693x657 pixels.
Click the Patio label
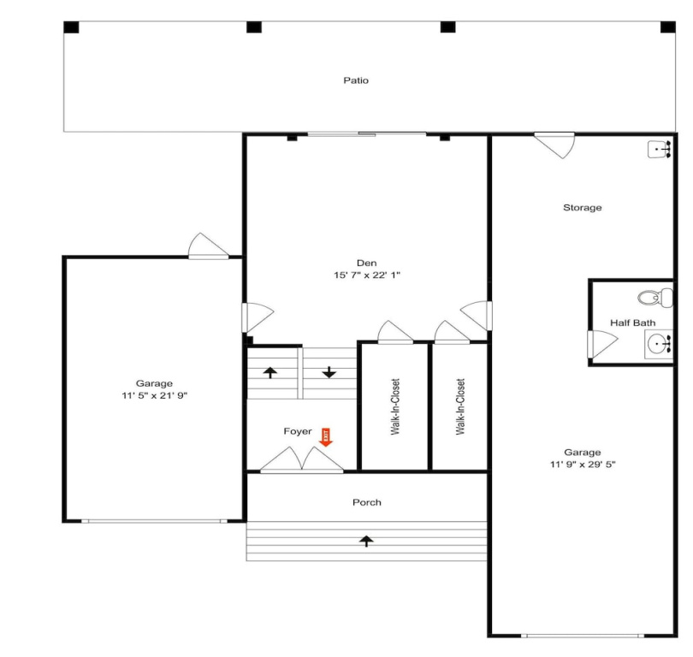coord(356,80)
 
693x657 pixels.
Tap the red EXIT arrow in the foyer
coord(326,437)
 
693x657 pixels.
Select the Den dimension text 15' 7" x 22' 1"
coord(367,275)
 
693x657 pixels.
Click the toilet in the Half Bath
coord(655,297)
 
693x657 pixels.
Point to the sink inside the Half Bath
coord(659,344)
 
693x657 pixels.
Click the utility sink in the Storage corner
coord(660,150)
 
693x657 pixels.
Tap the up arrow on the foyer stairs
coord(270,372)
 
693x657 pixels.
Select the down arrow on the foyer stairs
coord(329,372)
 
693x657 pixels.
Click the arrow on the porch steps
coord(366,541)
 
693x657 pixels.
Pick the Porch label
coord(367,502)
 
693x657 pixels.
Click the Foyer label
coord(298,431)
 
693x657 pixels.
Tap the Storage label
coord(582,208)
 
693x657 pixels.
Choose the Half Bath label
coord(632,323)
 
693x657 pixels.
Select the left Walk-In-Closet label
coord(395,406)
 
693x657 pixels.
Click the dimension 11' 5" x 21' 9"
coord(154,395)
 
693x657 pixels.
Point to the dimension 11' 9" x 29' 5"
coord(583,465)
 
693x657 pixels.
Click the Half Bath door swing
coord(602,344)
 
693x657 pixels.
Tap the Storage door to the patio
coord(554,144)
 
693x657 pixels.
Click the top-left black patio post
coord(71,27)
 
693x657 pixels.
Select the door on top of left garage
coord(208,246)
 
